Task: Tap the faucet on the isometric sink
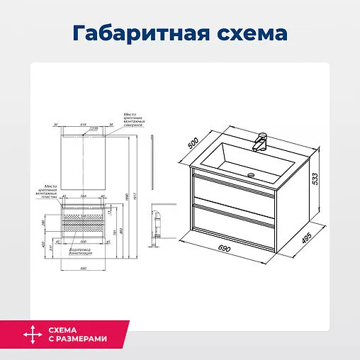click(260, 142)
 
